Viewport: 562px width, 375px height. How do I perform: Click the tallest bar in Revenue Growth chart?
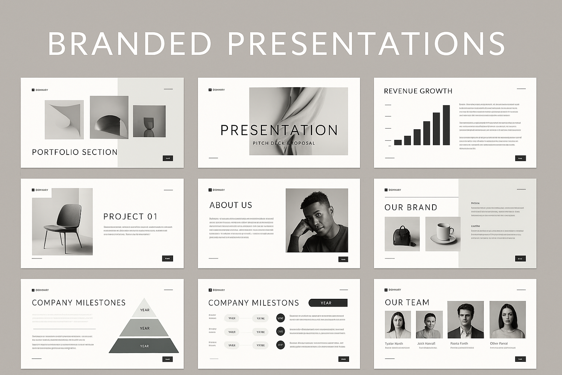[x=446, y=125]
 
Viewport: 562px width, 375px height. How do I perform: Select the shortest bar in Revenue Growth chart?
[x=398, y=142]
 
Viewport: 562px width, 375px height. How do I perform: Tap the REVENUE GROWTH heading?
[x=418, y=91]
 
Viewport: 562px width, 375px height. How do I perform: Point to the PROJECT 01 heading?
[x=130, y=216]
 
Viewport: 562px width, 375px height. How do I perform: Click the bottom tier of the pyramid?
[x=144, y=346]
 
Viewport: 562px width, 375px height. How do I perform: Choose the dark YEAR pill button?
[x=328, y=303]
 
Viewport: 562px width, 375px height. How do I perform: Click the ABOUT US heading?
[x=231, y=205]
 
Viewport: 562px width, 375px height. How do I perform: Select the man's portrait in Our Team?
[x=465, y=320]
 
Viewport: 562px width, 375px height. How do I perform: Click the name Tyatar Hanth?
[x=394, y=344]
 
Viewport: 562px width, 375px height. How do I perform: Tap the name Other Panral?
[x=499, y=344]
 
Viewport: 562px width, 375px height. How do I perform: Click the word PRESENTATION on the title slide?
[x=279, y=130]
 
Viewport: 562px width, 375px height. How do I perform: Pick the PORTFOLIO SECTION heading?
[x=75, y=152]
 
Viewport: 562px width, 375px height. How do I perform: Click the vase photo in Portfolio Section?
[x=149, y=122]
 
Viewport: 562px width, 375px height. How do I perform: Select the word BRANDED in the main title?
[x=130, y=44]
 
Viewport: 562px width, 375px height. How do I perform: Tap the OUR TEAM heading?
[x=407, y=302]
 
